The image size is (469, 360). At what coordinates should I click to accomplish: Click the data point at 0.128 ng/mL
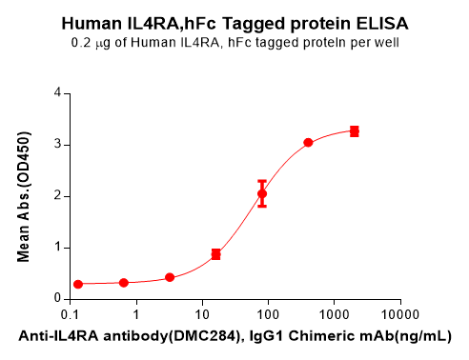pos(78,284)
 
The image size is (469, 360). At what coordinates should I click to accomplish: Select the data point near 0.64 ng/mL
pos(124,283)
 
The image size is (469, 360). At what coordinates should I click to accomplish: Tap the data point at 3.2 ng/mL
pos(170,277)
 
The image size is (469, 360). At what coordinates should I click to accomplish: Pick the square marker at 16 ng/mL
pos(216,254)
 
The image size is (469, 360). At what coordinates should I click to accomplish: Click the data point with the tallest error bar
pos(262,193)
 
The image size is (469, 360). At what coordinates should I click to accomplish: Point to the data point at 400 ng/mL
pos(309,143)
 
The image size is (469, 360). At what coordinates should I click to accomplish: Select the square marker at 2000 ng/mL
pos(355,130)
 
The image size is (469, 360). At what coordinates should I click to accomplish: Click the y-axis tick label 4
pos(58,93)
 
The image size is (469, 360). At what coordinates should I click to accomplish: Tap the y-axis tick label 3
pos(58,145)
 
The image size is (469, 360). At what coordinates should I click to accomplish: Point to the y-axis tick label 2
pos(58,196)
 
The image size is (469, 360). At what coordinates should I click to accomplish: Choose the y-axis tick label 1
pos(58,248)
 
